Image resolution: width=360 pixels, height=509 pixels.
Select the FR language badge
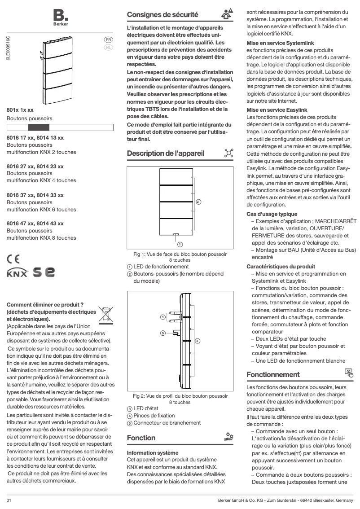108,40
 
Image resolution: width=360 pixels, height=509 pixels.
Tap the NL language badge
108,47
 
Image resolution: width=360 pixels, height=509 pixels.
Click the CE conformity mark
13,259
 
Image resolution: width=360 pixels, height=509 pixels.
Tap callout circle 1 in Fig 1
180,244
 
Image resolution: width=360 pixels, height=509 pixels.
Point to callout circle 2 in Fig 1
198,201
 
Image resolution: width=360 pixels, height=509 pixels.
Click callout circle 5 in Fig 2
163,333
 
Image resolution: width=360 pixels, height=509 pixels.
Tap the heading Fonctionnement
273,374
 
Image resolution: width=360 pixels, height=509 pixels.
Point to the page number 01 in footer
9,500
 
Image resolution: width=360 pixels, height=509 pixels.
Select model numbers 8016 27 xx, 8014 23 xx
35,167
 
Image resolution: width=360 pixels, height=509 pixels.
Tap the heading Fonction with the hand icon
141,438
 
